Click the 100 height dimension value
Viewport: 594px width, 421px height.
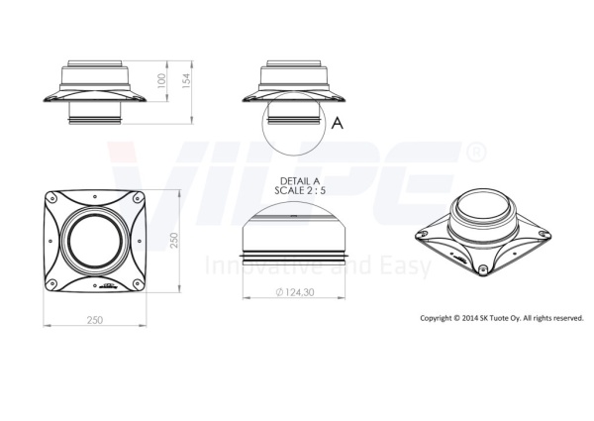(161, 80)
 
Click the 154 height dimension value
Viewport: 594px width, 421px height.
(186, 80)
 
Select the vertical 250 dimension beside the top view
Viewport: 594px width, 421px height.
(173, 241)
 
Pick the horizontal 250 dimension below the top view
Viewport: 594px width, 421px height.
(95, 320)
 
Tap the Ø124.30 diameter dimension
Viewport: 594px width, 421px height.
(295, 292)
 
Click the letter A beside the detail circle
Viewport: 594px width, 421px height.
(338, 123)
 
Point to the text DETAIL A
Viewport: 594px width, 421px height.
(300, 181)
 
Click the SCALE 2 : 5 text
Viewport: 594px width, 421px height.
(300, 190)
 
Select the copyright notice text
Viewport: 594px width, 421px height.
(502, 318)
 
